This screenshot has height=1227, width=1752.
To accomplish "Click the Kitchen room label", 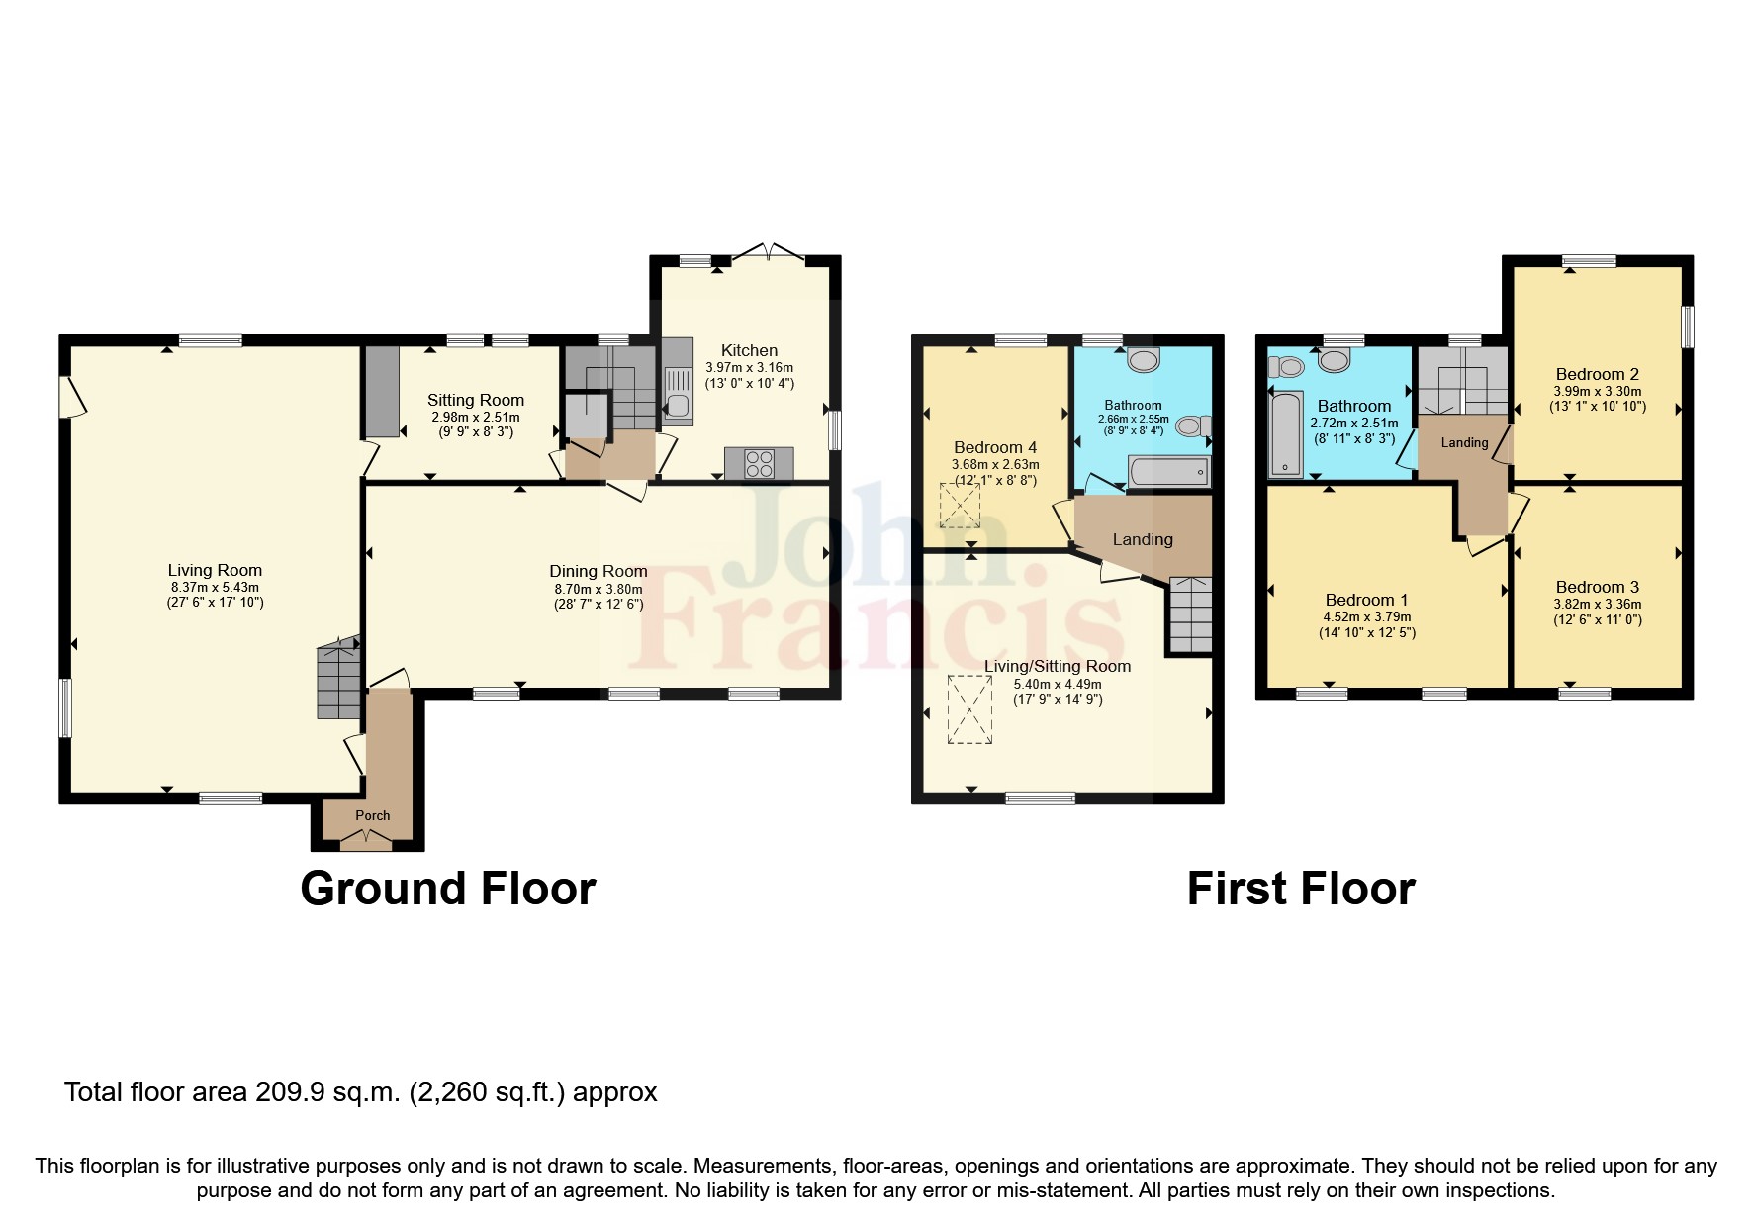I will pyautogui.click(x=749, y=350).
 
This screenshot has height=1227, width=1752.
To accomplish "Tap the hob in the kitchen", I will pyautogui.click(x=759, y=463).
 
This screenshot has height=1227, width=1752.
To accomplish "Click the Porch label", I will pyautogui.click(x=373, y=815).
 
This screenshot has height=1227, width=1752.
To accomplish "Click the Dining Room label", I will pyautogui.click(x=599, y=571).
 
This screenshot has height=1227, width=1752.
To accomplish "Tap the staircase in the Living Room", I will pyautogui.click(x=337, y=682).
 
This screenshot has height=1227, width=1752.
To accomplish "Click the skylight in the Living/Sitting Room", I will pyautogui.click(x=968, y=709).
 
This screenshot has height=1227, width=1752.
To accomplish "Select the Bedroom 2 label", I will pyautogui.click(x=1597, y=374).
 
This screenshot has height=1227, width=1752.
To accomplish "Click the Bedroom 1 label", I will pyautogui.click(x=1366, y=600).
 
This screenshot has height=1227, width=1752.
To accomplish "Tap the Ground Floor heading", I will pyautogui.click(x=447, y=889).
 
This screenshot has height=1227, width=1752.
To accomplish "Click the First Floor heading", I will pyautogui.click(x=1300, y=889).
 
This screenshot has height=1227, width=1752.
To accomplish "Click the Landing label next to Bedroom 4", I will pyautogui.click(x=1143, y=539).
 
